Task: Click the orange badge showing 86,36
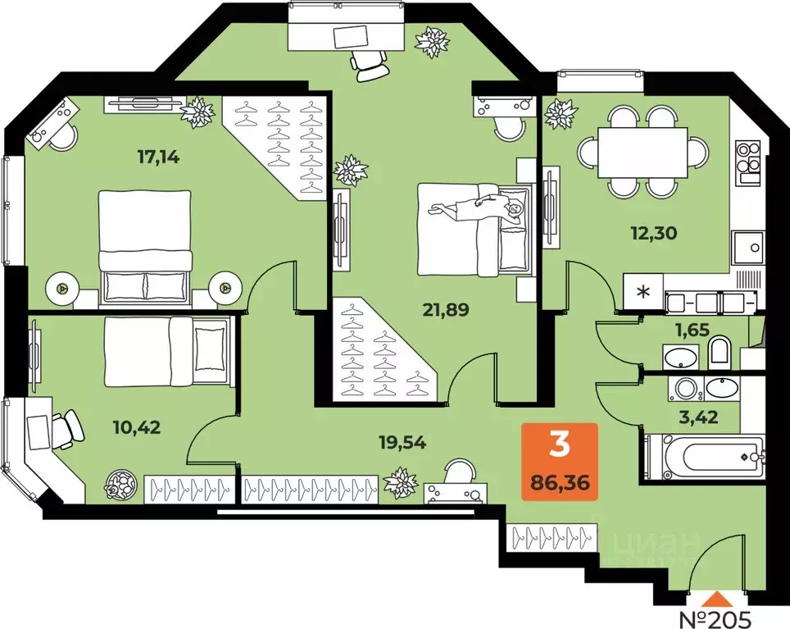point(561,463)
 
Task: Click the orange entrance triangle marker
point(717,598)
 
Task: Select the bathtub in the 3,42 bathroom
point(705,457)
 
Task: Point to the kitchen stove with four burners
point(748,162)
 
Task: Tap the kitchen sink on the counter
point(747,245)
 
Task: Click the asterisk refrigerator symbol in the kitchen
point(643,291)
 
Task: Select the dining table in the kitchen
point(642,152)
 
